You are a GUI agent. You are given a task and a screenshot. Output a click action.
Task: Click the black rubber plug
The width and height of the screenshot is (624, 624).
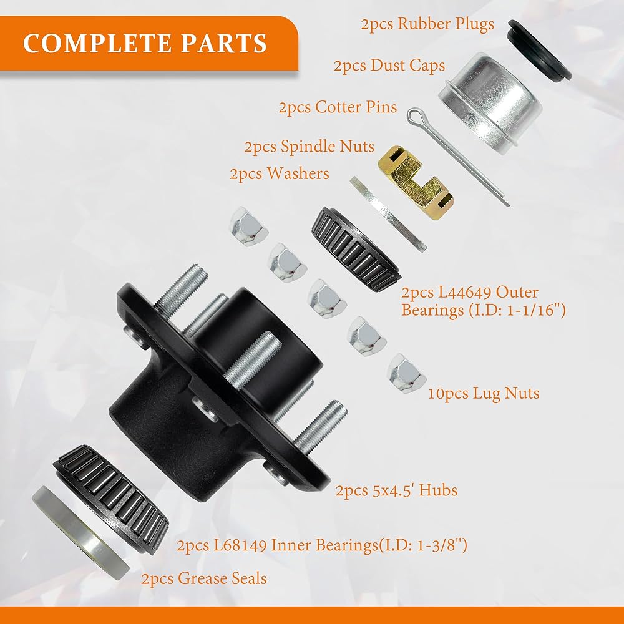[539, 49]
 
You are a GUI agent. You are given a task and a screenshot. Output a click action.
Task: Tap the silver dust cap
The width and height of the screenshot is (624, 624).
[490, 102]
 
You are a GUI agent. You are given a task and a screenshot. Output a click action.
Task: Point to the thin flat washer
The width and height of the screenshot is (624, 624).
[388, 214]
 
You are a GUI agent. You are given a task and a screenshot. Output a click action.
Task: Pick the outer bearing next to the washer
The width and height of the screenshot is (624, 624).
[356, 249]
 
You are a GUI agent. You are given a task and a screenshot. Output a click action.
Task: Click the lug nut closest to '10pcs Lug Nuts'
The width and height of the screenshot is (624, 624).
[406, 374]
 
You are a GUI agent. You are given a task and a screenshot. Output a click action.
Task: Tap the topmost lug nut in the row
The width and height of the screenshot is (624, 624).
[248, 226]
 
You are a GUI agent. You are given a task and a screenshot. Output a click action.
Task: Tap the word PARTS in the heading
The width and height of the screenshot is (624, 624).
[223, 43]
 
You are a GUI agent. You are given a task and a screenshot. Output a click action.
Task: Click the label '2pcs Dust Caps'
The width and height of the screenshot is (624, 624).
[389, 66]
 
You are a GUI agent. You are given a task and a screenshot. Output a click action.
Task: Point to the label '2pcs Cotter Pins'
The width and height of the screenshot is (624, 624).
[338, 107]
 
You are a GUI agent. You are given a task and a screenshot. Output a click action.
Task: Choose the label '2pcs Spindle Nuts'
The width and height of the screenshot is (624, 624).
[310, 147]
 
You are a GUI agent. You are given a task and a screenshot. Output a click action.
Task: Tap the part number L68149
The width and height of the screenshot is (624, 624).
[240, 545]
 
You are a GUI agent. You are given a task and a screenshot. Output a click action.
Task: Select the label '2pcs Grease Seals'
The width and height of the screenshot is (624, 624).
[204, 578]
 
